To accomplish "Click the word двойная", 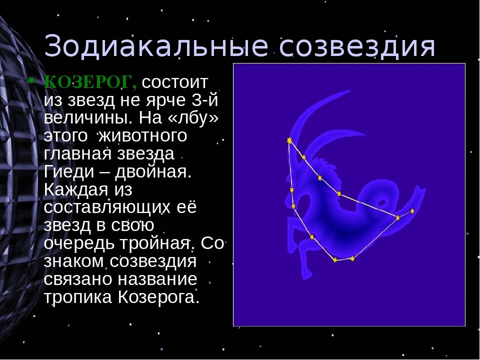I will (153, 172).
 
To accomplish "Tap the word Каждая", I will (74, 189).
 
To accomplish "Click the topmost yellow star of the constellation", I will (289, 141).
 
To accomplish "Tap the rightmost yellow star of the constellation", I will (412, 211).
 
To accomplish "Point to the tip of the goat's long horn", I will (348, 91).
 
